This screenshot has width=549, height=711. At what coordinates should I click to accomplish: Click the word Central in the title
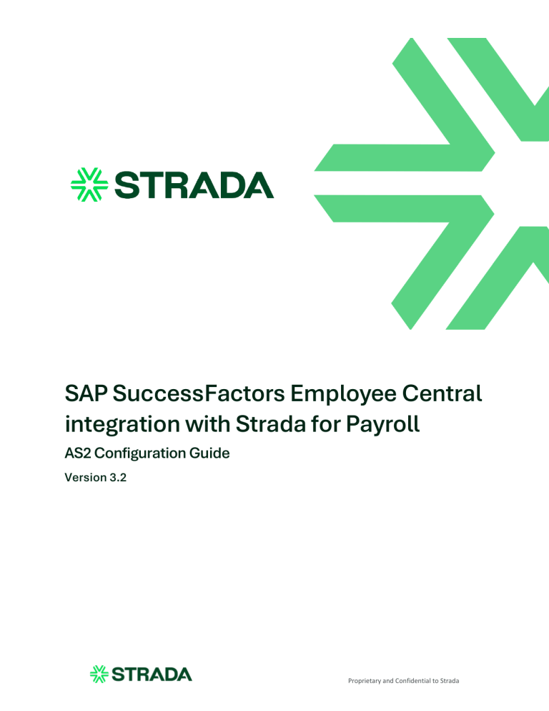pos(444,393)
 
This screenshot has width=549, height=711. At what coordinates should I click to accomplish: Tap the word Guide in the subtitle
pos(211,453)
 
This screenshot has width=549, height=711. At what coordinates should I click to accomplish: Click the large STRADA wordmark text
pos(193,185)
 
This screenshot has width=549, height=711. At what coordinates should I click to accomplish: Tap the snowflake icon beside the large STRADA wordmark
pos(89,185)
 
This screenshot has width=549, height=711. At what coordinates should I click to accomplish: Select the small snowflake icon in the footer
pos(99,674)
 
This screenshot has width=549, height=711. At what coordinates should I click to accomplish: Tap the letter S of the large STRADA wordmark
pos(127,185)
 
